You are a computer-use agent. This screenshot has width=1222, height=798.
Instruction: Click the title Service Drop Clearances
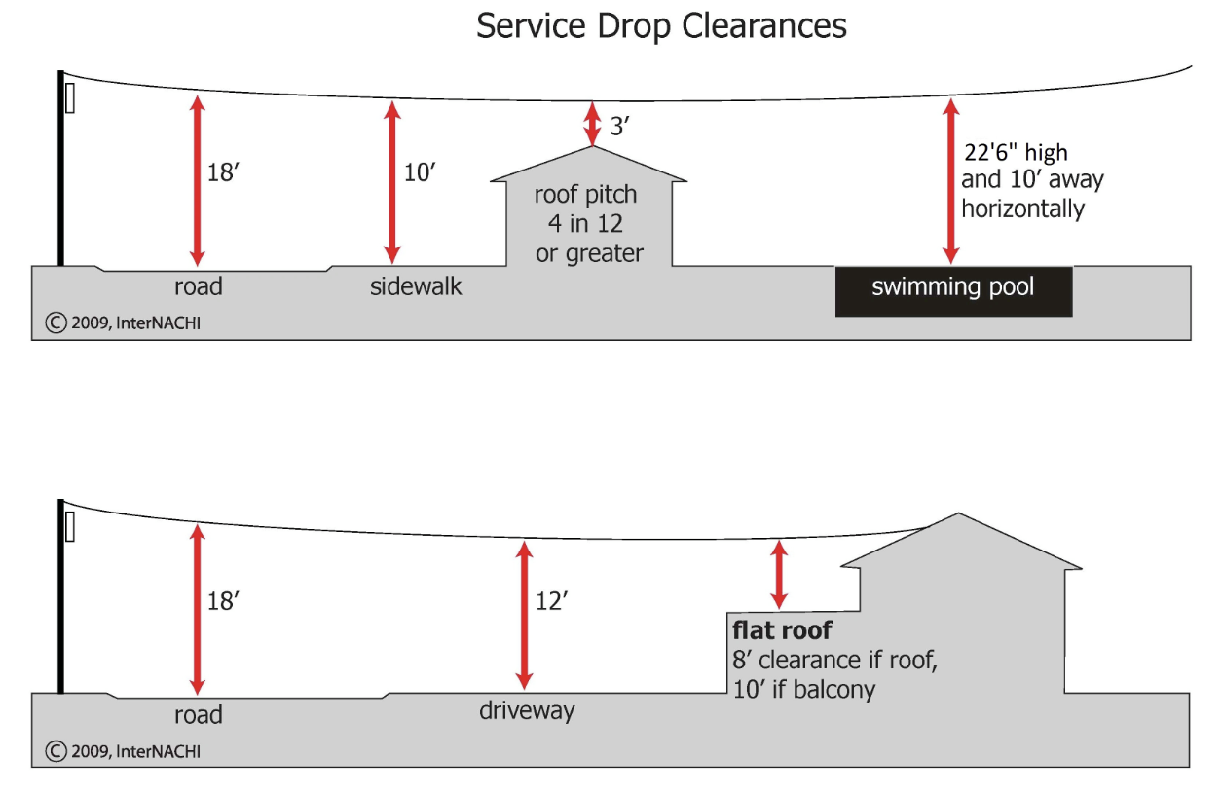click(x=661, y=26)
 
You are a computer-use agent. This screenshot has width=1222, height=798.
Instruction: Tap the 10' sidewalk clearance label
click(x=420, y=172)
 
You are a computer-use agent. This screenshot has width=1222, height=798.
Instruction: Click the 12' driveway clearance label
click(x=551, y=601)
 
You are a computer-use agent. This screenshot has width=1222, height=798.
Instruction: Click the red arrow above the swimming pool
click(x=950, y=181)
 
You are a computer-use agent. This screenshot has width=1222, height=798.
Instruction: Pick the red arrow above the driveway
click(x=524, y=615)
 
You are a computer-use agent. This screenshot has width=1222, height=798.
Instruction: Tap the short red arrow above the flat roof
click(x=778, y=575)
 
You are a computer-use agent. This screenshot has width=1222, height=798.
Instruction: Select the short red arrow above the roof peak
click(x=592, y=124)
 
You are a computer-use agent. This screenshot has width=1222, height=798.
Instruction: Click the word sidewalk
click(x=416, y=286)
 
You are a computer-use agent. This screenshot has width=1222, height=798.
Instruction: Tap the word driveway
click(x=527, y=710)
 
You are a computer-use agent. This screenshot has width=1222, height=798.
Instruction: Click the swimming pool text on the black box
click(x=952, y=287)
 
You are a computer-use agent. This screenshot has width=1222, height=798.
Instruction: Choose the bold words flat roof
click(x=782, y=630)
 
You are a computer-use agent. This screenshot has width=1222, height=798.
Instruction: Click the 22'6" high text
click(x=1014, y=153)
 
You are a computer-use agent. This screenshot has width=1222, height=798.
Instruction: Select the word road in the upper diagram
click(x=199, y=286)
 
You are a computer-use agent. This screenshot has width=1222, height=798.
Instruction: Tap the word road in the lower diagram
click(x=199, y=715)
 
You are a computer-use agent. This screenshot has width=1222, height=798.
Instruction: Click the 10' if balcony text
click(x=803, y=689)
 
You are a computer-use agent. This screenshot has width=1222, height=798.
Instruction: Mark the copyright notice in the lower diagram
click(x=124, y=751)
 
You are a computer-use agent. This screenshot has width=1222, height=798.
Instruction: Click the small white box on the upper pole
click(x=70, y=97)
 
